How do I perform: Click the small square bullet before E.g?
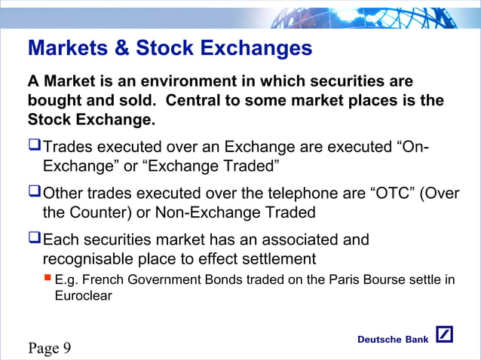[x=47, y=279]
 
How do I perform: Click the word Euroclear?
[x=83, y=296]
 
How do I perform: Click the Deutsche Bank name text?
[x=392, y=340]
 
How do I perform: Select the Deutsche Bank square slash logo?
[x=444, y=336]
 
